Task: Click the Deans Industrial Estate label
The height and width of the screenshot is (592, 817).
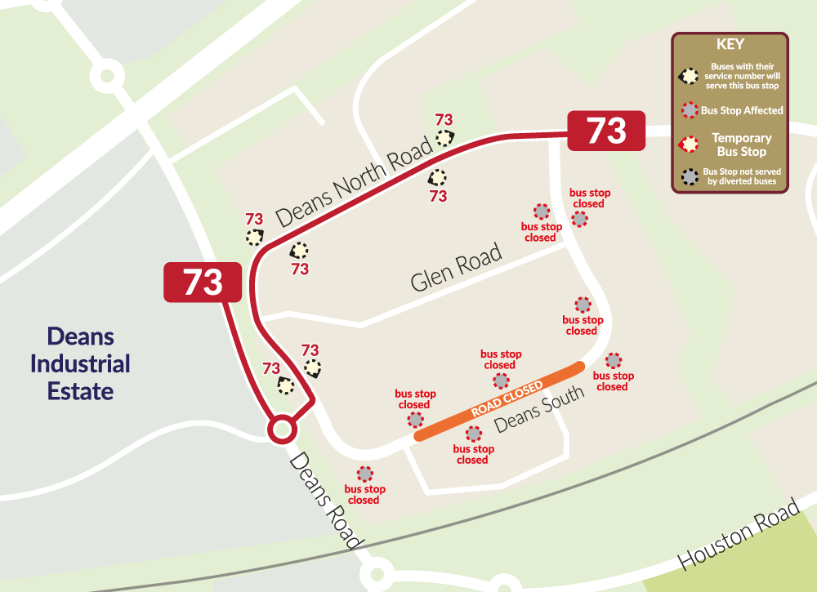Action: click(x=80, y=363)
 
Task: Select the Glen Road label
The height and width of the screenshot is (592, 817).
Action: click(x=456, y=270)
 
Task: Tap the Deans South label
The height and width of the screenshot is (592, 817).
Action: click(x=540, y=409)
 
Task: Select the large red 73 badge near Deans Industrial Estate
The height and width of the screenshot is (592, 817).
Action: click(x=203, y=282)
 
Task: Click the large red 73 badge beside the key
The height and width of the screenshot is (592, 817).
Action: click(x=607, y=131)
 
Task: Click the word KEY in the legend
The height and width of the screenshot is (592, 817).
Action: click(x=730, y=45)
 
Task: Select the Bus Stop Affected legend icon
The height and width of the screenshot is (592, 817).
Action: click(x=690, y=110)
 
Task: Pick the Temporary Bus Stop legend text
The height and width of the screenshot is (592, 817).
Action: click(x=741, y=145)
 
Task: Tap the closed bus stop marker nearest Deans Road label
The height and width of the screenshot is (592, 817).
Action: click(x=364, y=474)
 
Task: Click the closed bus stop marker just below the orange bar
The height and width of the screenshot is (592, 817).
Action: click(x=473, y=434)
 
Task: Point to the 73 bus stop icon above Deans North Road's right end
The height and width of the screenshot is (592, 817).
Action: click(x=444, y=137)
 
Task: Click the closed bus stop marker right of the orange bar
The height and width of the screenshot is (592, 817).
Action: click(x=614, y=360)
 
